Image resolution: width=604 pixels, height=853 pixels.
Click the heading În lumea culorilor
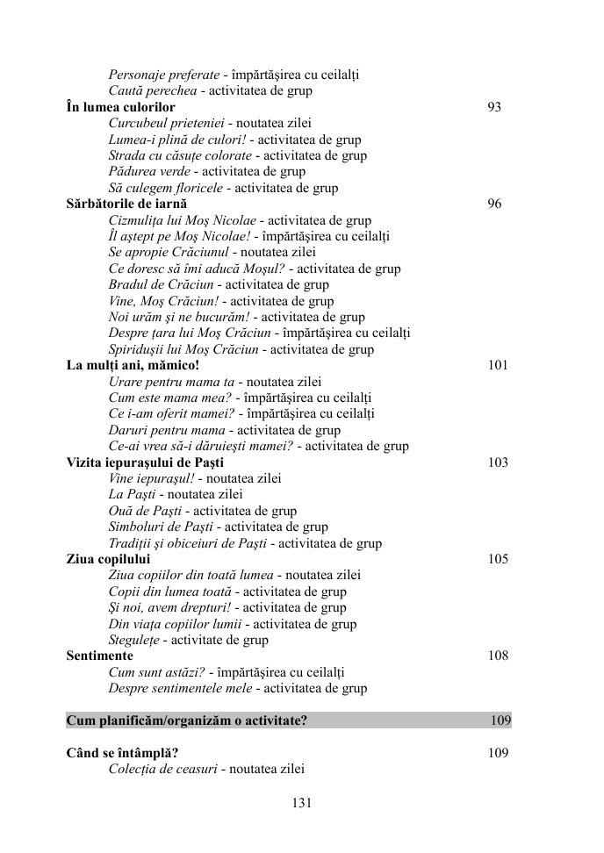120,107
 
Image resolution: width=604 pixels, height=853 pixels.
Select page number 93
494,107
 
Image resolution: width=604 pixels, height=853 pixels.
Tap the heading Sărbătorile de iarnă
126,204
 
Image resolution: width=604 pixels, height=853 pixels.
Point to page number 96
494,204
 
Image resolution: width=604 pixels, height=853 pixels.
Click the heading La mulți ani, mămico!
133,366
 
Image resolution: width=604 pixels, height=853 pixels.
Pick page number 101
498,366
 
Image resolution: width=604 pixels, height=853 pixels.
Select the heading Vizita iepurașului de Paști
145,462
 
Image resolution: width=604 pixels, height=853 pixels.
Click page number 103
498,462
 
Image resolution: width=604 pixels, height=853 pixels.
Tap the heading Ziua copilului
108,559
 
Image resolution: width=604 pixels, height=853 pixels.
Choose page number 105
498,559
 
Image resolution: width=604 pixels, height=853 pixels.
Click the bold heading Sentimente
99,656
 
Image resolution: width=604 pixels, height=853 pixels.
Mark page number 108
498,656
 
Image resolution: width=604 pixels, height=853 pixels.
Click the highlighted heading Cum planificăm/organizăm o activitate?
186,721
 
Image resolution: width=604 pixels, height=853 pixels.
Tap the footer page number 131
301,802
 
